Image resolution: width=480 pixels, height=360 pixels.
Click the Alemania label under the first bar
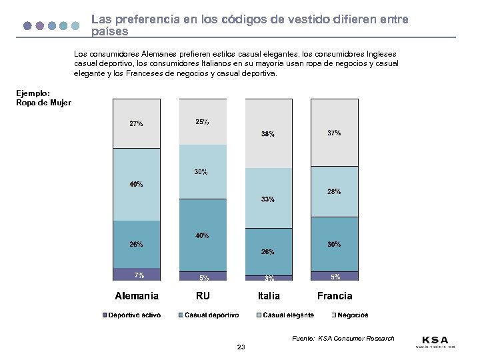point(137,295)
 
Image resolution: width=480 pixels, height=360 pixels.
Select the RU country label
point(203,295)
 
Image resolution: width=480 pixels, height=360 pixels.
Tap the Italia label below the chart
point(269,295)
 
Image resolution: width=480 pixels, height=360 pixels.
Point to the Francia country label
point(335,295)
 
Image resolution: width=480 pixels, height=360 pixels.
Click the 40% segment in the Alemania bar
point(137,184)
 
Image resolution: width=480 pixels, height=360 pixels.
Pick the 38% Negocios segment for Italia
point(269,133)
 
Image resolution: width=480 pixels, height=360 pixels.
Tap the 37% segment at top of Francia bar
point(335,133)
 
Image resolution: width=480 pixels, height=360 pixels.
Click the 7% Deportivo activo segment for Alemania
point(137,274)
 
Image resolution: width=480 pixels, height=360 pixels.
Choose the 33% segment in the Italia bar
point(269,199)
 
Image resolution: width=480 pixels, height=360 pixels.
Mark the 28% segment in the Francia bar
point(335,191)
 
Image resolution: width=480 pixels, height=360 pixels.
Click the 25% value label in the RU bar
point(202,122)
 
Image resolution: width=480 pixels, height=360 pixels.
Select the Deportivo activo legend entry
point(131,315)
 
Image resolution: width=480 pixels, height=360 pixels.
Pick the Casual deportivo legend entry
point(208,315)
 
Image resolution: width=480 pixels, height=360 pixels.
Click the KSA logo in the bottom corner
point(435,341)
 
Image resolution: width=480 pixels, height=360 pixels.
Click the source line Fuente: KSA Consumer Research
point(343,339)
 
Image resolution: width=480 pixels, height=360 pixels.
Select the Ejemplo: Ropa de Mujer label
point(43,98)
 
